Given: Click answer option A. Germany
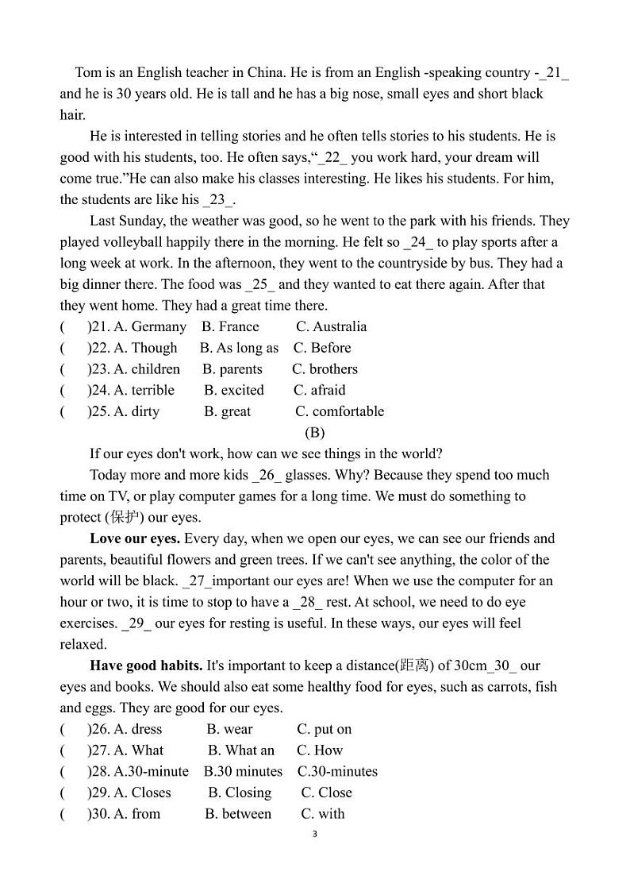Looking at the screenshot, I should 150,326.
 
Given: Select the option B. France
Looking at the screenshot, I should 230,326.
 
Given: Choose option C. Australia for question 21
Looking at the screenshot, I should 332,326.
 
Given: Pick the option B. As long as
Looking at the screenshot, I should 239,348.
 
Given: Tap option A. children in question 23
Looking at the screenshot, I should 147,369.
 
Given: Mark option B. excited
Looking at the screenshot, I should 234,390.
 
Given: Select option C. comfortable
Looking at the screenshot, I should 340,411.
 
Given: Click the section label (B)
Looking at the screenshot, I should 315,433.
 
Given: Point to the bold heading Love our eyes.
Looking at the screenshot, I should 135,538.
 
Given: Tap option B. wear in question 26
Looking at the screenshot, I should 230,729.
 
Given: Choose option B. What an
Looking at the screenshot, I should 241,750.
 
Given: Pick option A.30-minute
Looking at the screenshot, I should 152,771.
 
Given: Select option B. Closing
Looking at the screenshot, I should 240,793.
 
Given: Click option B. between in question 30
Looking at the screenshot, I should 238,813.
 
